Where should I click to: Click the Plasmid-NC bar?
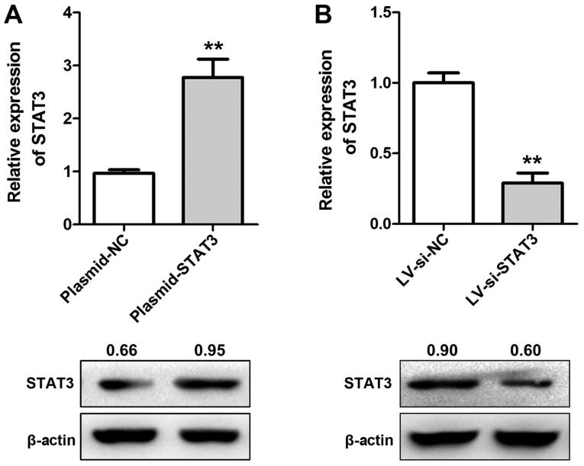point(123,198)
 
